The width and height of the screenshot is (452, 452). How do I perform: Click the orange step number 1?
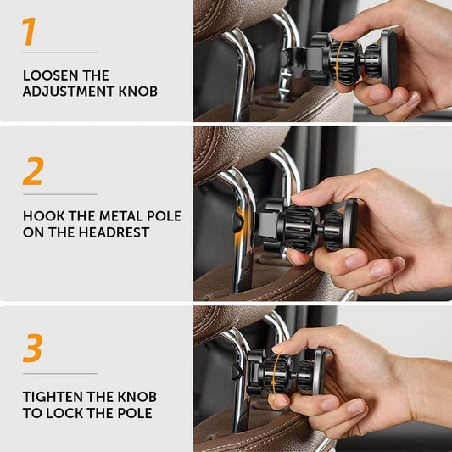pyautogui.click(x=30, y=31)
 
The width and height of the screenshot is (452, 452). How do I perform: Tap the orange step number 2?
pyautogui.click(x=32, y=171)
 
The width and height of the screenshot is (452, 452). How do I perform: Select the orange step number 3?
pyautogui.click(x=32, y=349)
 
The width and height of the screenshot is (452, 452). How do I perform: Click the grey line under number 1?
pyautogui.click(x=59, y=53)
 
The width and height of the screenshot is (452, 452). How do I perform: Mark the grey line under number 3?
pyautogui.click(x=59, y=373)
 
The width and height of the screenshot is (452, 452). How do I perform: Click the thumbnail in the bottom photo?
pyautogui.click(x=280, y=399)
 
